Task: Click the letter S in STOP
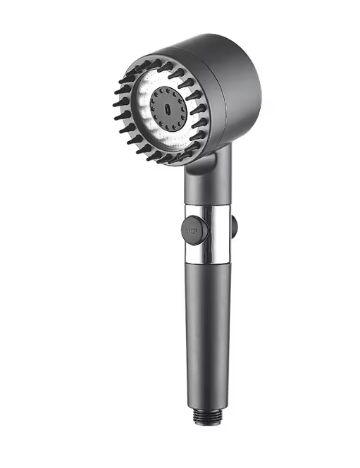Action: tap(187, 231)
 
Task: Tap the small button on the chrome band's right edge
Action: tap(235, 227)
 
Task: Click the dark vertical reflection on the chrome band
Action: tap(213, 234)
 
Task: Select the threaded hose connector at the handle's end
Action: tap(207, 417)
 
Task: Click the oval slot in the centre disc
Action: tap(168, 109)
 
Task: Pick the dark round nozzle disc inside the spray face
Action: tap(168, 109)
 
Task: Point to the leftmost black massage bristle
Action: tap(118, 104)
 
